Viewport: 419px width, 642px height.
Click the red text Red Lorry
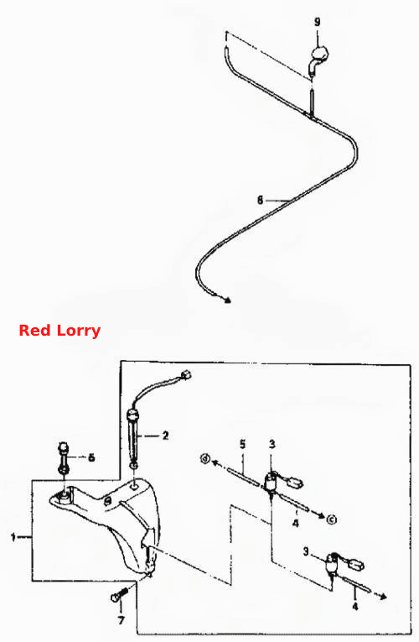(x=59, y=331)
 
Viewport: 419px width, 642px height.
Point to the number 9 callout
(x=318, y=22)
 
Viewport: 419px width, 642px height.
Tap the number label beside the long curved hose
(x=260, y=201)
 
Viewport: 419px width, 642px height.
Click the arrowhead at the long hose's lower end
(x=227, y=300)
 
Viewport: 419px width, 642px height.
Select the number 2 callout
(x=165, y=436)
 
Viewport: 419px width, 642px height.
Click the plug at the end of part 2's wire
(x=186, y=374)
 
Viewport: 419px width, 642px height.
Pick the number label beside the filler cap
(x=91, y=457)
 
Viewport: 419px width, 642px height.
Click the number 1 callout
(x=13, y=536)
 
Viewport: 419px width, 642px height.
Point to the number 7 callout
(x=121, y=621)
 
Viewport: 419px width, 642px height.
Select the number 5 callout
(x=243, y=444)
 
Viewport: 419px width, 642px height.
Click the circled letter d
(x=204, y=458)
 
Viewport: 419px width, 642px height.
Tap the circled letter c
(x=332, y=519)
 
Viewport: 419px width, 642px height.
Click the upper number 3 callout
(x=272, y=444)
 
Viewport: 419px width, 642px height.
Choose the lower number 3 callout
(x=306, y=551)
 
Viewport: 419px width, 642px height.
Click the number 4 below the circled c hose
(x=296, y=523)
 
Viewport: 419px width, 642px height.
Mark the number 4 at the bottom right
(x=354, y=606)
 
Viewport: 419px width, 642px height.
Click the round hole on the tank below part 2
(x=134, y=487)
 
